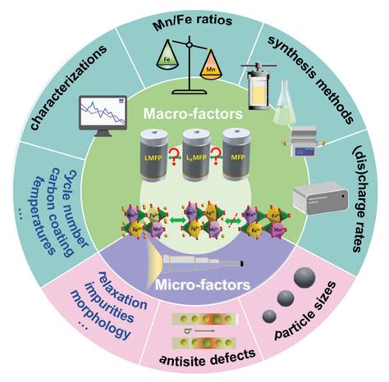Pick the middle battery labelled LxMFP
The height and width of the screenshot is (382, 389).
pyautogui.click(x=194, y=156)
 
